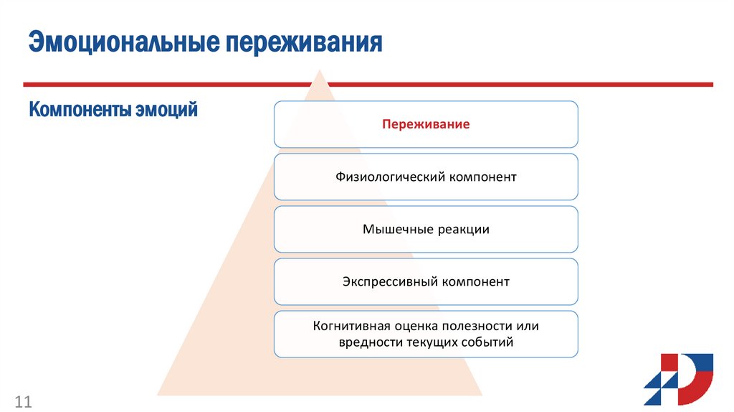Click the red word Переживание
(426, 124)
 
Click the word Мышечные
(396, 230)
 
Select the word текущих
(432, 343)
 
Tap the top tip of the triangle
(319, 70)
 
